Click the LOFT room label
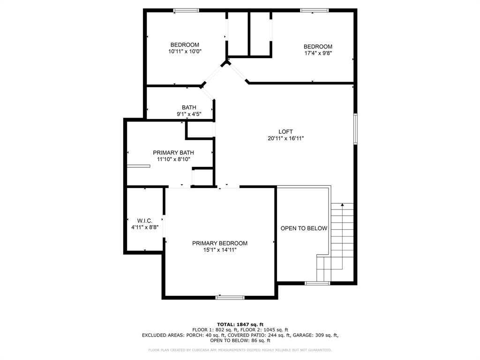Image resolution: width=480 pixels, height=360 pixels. (285, 132)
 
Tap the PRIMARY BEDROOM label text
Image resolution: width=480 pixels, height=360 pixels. (220, 243)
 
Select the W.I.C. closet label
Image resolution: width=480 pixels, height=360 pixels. (145, 221)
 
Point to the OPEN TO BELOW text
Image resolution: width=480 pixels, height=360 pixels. (304, 228)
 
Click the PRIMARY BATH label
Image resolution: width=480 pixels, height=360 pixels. (173, 153)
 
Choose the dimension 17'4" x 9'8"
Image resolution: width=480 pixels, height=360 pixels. (318, 53)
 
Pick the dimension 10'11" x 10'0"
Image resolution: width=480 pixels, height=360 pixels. (185, 52)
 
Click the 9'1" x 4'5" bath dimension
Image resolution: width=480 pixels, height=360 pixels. (189, 114)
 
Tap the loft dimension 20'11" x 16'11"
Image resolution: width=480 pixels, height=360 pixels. (285, 138)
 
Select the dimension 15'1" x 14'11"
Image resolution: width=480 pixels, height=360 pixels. (220, 250)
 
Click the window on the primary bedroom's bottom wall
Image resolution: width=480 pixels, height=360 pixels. (230, 297)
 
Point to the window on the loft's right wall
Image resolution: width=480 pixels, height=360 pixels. (355, 129)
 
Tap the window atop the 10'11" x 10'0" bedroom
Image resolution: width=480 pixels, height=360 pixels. (186, 10)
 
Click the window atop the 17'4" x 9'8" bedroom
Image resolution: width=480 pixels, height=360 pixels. (315, 10)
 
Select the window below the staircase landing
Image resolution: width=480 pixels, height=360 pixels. (318, 283)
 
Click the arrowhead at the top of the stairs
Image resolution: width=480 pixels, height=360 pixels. (342, 204)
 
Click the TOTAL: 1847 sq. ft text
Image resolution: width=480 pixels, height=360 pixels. (240, 324)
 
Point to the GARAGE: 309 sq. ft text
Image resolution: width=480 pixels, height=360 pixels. (315, 335)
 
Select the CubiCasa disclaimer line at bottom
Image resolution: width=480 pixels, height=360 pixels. (240, 350)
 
